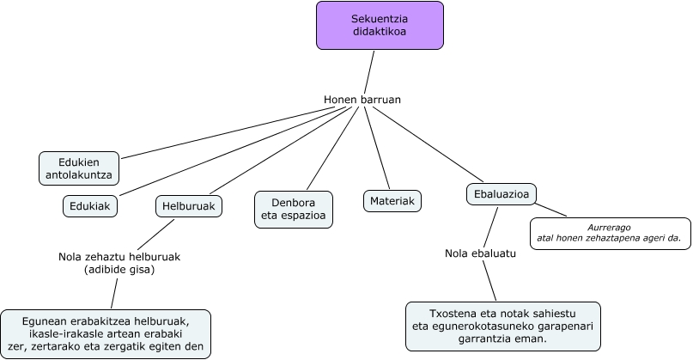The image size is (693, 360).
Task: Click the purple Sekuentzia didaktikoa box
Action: pos(380,25)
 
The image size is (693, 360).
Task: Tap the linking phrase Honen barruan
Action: pos(362,100)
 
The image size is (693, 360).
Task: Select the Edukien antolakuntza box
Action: pos(78,168)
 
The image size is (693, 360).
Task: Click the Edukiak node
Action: pos(90,206)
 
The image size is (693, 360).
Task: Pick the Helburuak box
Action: pos(189,206)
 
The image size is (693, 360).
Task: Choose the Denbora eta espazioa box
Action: pos(295,209)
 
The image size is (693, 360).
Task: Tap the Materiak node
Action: pos(392,201)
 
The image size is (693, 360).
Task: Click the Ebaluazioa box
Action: pos(502,195)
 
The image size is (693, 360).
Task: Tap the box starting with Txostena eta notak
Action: pos(502,326)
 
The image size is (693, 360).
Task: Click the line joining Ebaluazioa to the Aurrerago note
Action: pos(551,210)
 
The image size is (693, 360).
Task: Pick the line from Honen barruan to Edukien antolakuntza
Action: pos(219,133)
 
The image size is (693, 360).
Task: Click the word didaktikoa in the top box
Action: pos(380,32)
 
